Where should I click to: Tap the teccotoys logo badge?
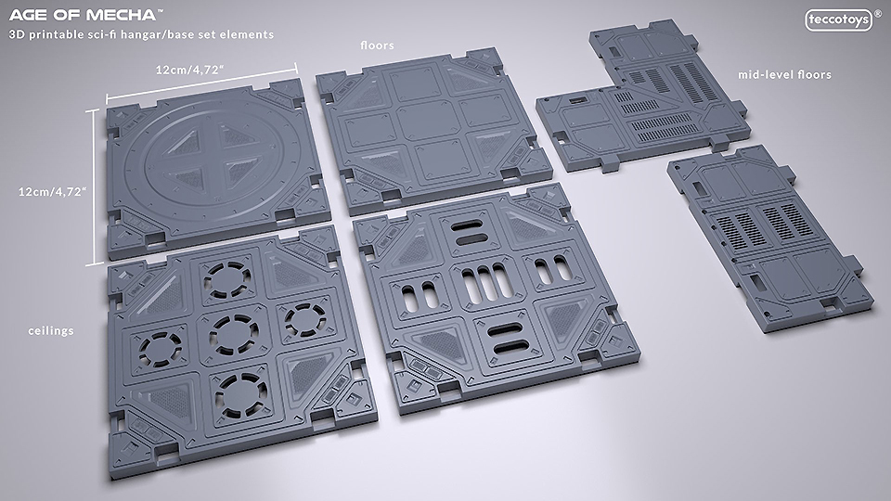pyautogui.click(x=838, y=19)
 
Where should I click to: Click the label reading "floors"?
pyautogui.click(x=377, y=45)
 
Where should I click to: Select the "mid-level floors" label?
pyautogui.click(x=784, y=74)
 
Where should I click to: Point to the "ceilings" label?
pyautogui.click(x=51, y=330)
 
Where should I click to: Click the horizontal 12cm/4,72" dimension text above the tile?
pyautogui.click(x=189, y=70)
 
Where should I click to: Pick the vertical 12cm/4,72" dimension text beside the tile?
pyautogui.click(x=52, y=191)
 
